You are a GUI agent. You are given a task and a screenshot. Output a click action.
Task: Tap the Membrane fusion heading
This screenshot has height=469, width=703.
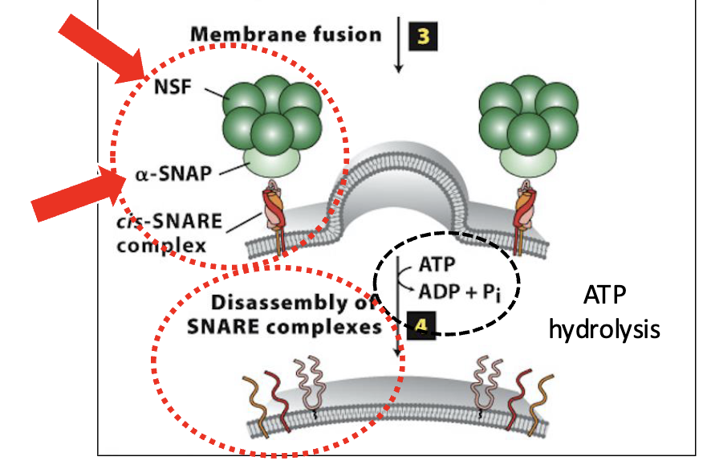coord(286,35)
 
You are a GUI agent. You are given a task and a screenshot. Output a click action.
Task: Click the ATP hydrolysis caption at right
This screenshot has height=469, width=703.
coord(604,314)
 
